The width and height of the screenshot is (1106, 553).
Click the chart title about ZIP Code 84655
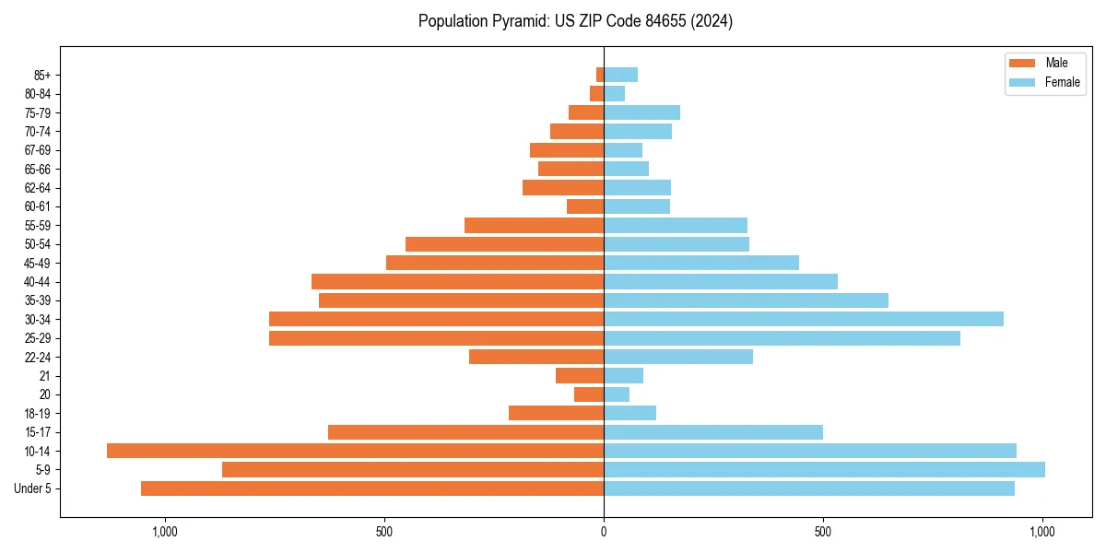575,21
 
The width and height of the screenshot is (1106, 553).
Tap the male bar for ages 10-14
355,451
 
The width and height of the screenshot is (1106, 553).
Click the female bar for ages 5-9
824,470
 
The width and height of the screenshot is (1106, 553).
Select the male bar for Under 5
372,488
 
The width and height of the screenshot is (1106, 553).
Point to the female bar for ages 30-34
804,319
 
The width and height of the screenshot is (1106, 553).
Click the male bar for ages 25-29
436,338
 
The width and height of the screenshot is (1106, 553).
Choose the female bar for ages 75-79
641,112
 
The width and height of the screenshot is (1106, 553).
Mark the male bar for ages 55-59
534,225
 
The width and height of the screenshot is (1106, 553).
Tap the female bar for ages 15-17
713,432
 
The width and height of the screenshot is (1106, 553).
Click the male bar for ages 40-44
457,281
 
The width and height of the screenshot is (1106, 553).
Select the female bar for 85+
620,75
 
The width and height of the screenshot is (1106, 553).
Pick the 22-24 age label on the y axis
37,358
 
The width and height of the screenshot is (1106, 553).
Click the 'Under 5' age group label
33,488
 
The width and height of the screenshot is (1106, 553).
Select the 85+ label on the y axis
41,75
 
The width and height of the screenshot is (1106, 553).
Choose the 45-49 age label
37,263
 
